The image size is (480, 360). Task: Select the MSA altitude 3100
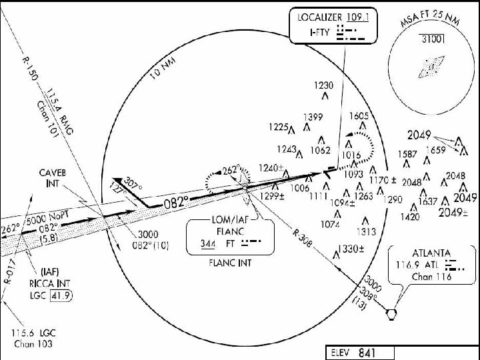point(433,39)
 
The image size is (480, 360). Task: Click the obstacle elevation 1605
point(359,116)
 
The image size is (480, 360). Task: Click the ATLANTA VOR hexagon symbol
point(391,313)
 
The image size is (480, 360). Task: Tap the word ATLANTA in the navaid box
point(430,253)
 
